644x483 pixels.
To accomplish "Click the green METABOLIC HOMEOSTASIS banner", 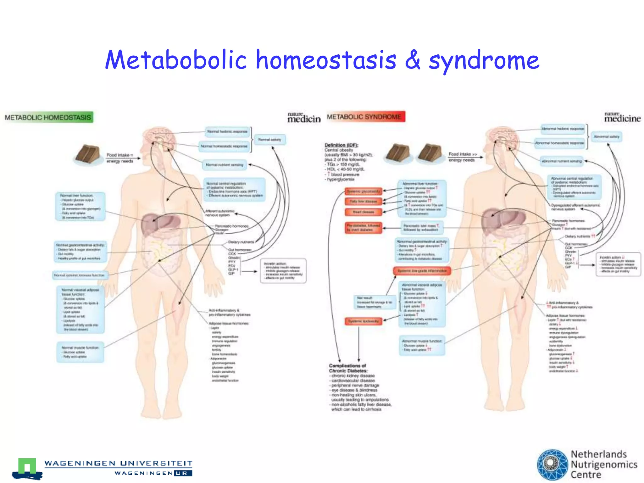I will click(x=48, y=118).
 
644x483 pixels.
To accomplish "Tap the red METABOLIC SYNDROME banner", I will click(x=366, y=117).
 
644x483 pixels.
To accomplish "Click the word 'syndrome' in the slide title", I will click(x=484, y=60).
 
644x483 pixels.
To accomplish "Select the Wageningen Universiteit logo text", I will click(x=118, y=463).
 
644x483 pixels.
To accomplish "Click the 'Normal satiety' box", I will click(x=270, y=140).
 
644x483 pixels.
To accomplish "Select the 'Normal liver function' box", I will click(x=80, y=207).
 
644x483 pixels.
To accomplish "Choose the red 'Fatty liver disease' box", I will click(x=363, y=201).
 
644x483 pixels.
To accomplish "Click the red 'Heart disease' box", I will click(x=363, y=212).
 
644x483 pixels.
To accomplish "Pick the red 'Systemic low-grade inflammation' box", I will click(x=422, y=271).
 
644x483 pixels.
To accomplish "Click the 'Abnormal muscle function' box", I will click(x=422, y=345).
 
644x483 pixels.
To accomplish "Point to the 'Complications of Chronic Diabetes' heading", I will click(x=348, y=368).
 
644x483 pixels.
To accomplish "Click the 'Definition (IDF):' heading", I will click(x=341, y=145).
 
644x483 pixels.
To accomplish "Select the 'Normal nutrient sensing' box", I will click(x=225, y=165).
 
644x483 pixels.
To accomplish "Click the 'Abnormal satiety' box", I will click(x=607, y=137).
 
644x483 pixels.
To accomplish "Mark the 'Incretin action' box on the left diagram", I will click(x=283, y=271).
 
